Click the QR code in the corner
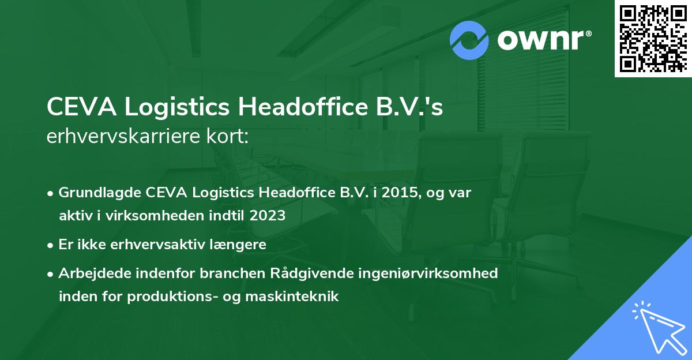(653, 39)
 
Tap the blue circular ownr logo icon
(469, 40)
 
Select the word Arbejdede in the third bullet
(93, 273)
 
